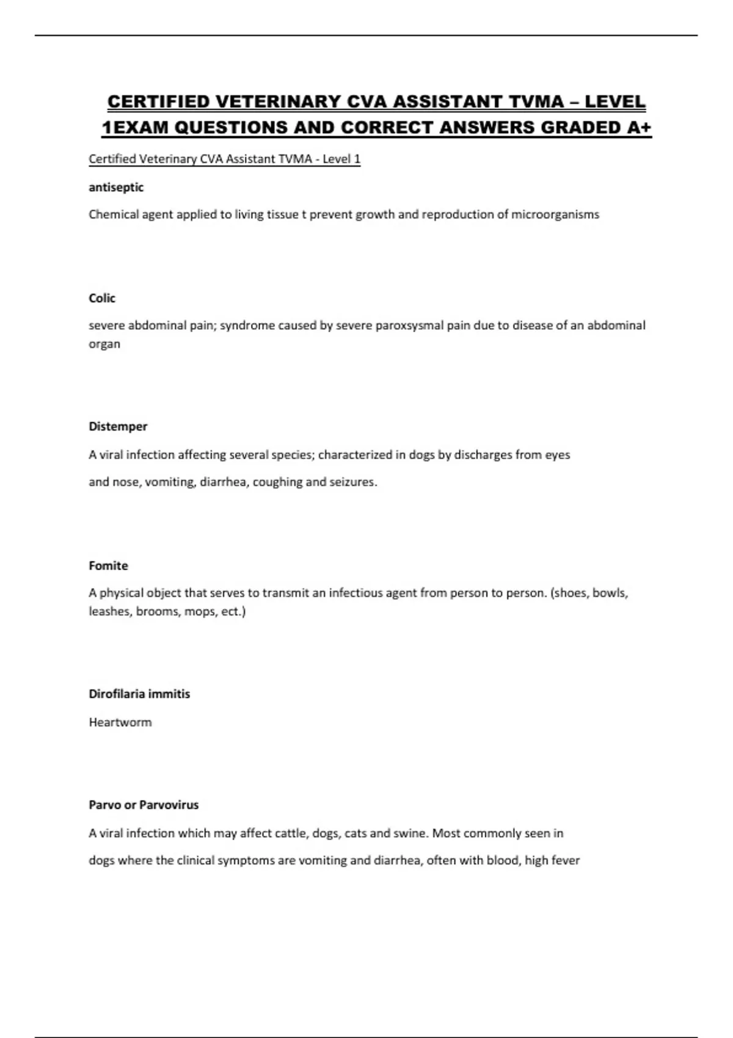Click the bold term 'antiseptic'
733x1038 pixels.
point(116,187)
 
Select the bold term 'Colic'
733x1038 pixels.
point(102,298)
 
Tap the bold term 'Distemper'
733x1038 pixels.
point(118,426)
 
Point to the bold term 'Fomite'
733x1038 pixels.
point(108,565)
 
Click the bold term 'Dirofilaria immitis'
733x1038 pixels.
point(139,694)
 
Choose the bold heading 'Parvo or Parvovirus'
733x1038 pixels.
point(144,805)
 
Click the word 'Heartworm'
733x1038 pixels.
point(120,722)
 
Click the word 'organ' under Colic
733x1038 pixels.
point(104,344)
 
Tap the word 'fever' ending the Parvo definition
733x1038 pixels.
point(566,860)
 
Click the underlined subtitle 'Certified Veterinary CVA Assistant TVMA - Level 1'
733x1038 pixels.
point(224,159)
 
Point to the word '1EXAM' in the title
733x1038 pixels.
point(131,128)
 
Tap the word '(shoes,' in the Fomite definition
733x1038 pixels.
point(570,592)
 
